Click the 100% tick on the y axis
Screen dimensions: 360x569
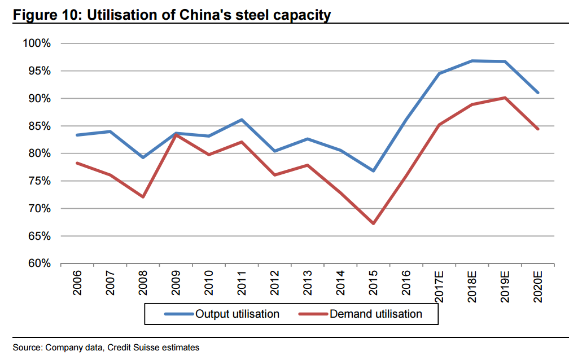tap(37, 43)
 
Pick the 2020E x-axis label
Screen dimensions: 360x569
tap(538, 287)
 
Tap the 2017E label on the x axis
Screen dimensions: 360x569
tap(439, 287)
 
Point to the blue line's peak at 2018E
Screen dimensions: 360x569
tap(472, 60)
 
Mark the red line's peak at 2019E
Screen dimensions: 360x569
tap(505, 98)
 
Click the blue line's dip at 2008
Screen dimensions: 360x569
tap(143, 157)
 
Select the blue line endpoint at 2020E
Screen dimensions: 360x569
tap(537, 93)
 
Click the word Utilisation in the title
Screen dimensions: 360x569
tap(128, 15)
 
